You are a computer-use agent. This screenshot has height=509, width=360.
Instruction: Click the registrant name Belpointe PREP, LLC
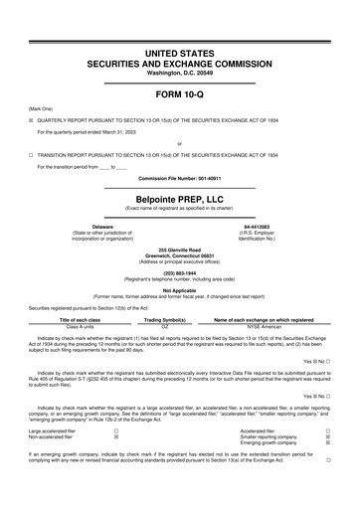coord(180,200)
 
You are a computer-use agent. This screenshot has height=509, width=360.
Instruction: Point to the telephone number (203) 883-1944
coord(180,272)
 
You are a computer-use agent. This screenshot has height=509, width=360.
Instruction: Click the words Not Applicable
coord(180,290)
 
